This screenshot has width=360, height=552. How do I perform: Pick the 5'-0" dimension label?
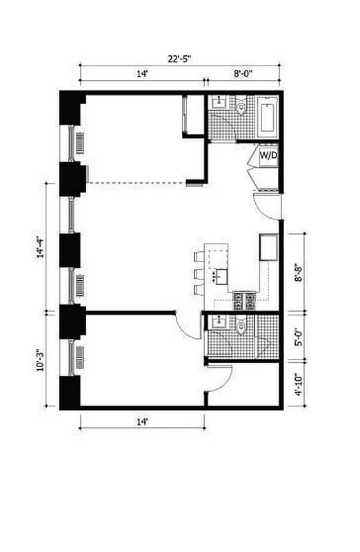coord(299,339)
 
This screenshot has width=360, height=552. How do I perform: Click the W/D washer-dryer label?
coord(268,156)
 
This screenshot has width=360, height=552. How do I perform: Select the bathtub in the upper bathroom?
coord(268,117)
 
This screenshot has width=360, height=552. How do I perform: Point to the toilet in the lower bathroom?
coord(241,326)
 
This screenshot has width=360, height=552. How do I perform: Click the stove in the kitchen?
coord(245,300)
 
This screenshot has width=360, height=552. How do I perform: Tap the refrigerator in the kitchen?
coord(268,247)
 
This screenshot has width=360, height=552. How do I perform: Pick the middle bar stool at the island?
coord(199,274)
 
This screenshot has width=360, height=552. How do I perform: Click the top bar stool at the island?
coord(199,257)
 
